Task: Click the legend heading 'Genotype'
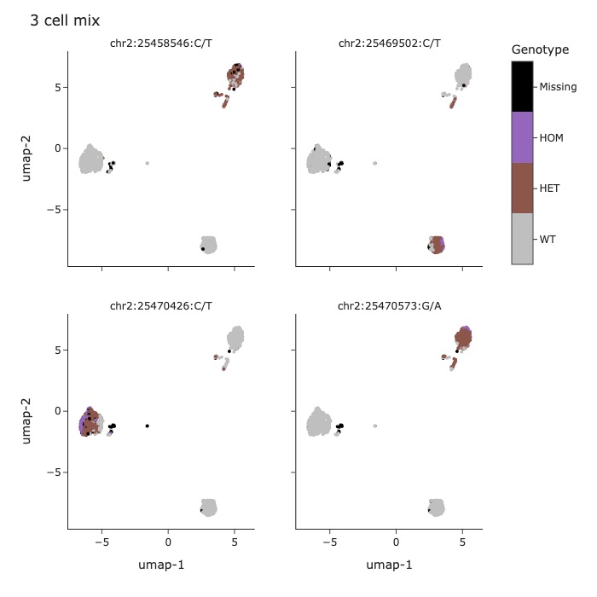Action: (540, 50)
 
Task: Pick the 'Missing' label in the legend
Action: (558, 87)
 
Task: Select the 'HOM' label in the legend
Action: (551, 137)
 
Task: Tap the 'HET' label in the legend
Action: (550, 188)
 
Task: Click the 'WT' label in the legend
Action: (548, 240)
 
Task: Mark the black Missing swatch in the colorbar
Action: (522, 87)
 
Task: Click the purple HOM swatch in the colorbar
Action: (522, 137)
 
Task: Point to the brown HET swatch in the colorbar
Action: (522, 188)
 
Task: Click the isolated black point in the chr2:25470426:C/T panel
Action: (148, 426)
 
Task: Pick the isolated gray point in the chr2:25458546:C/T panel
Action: (148, 163)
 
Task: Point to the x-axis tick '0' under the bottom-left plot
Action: (168, 542)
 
